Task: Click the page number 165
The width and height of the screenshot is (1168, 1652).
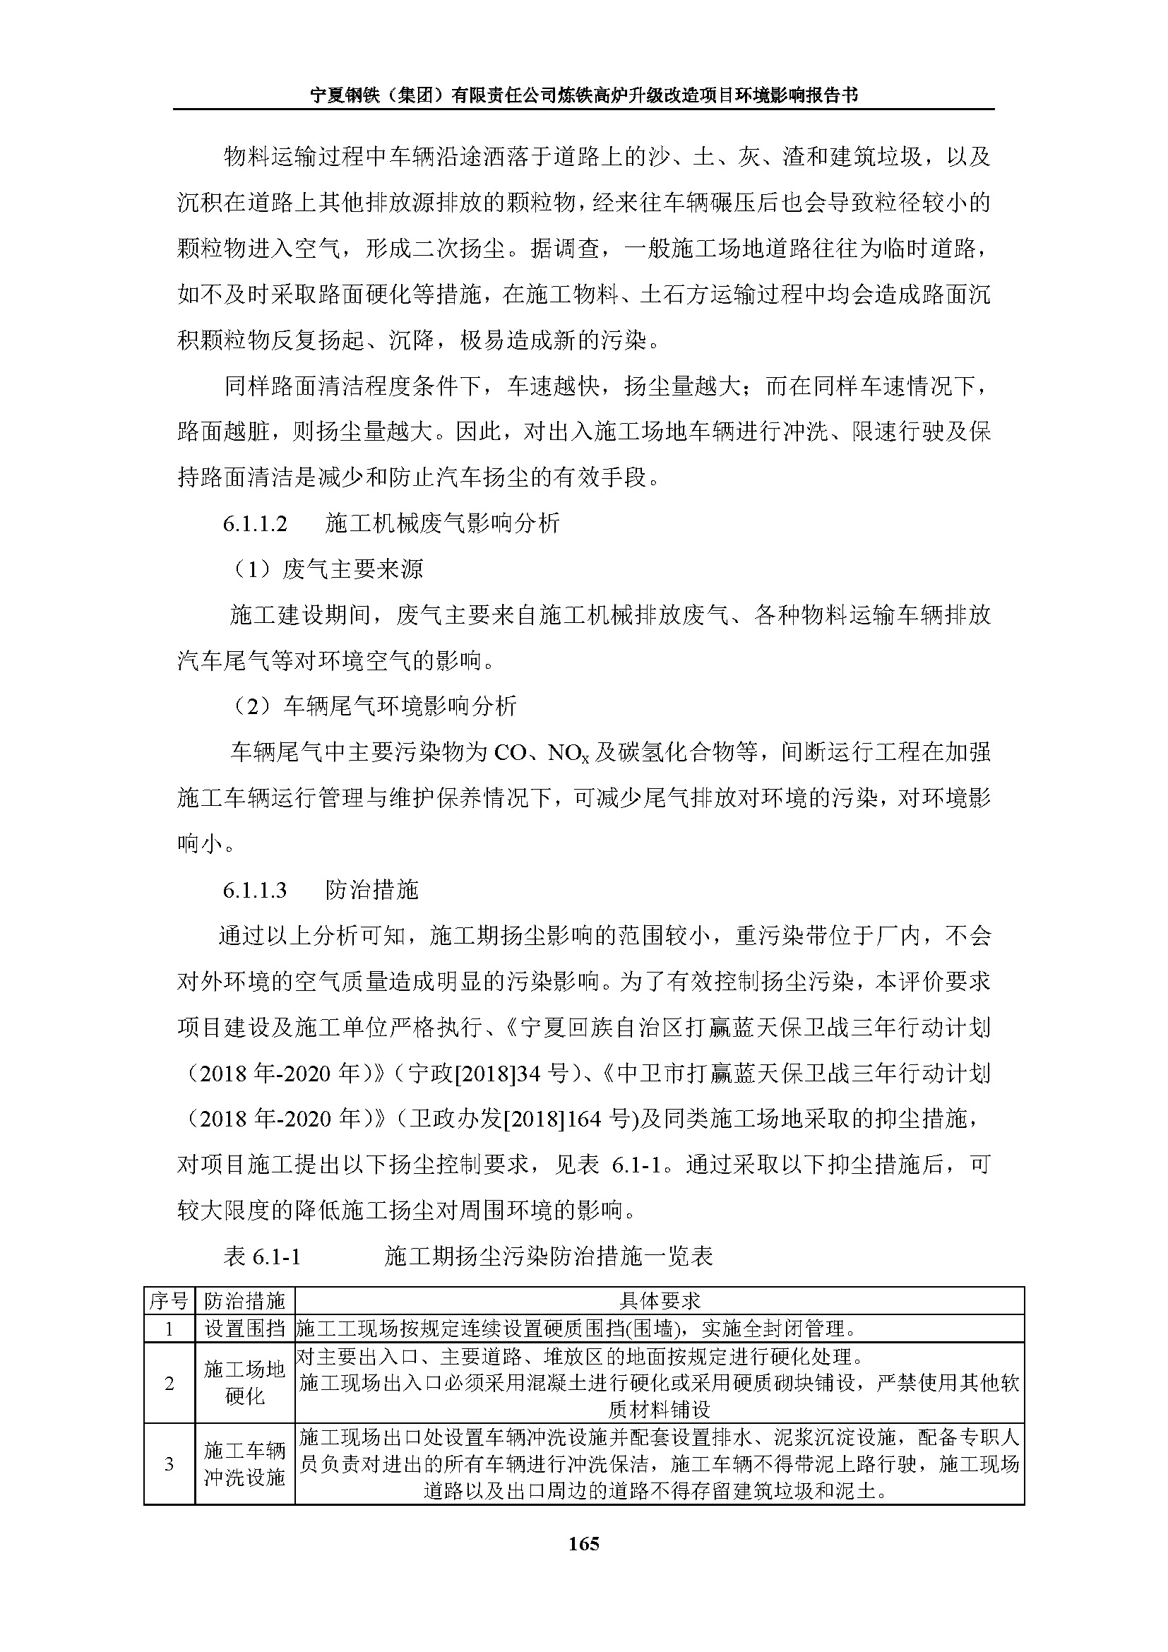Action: [583, 1543]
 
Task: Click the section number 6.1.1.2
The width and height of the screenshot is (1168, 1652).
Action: [255, 524]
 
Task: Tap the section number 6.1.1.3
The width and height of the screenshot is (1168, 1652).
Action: [255, 891]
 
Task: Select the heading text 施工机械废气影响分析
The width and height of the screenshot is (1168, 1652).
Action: [441, 523]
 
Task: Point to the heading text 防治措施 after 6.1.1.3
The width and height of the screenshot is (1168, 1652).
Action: [372, 890]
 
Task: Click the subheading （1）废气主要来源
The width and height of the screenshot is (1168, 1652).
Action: [328, 569]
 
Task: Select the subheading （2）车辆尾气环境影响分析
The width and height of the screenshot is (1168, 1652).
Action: [374, 706]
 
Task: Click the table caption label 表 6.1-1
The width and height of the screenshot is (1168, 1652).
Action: [262, 1256]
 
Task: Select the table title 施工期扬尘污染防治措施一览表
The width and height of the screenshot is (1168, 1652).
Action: [549, 1256]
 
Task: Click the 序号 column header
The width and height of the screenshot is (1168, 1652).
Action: [169, 1301]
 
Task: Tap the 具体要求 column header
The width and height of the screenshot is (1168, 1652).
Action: [660, 1301]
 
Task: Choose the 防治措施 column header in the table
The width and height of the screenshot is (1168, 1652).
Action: [244, 1301]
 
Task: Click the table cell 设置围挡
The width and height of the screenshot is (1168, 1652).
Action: [244, 1329]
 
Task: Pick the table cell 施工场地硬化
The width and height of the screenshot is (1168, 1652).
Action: [244, 1383]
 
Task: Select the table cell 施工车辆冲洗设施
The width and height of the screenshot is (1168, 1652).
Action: [244, 1463]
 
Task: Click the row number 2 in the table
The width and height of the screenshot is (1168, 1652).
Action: [169, 1383]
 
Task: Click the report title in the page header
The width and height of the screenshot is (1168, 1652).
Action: [583, 95]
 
